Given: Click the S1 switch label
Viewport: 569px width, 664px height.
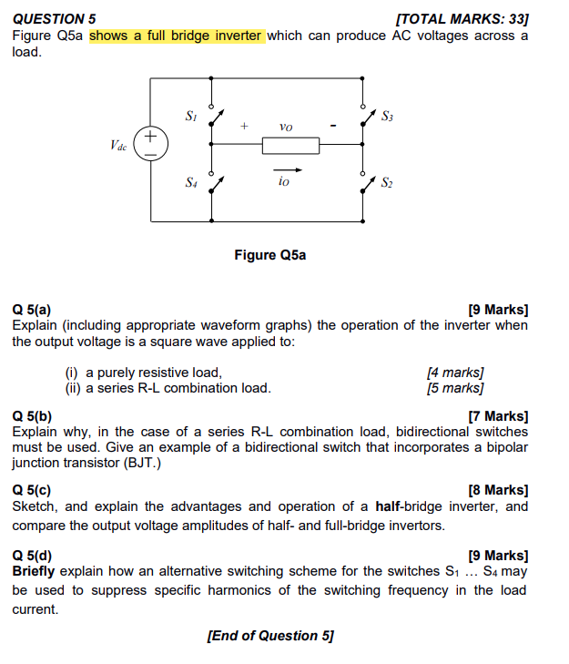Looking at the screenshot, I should click(x=190, y=116).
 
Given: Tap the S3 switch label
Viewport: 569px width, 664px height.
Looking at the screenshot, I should click(x=388, y=116).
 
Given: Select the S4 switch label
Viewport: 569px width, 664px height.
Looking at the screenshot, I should click(x=190, y=182).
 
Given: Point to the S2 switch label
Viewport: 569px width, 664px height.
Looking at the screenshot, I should click(x=388, y=182).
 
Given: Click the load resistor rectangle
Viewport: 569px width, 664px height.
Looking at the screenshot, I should click(x=290, y=145).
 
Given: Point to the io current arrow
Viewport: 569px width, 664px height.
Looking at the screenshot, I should click(x=286, y=169).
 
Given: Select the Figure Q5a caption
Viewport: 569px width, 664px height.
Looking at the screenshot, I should click(x=270, y=255).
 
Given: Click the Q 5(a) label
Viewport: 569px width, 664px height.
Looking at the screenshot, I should click(x=32, y=310).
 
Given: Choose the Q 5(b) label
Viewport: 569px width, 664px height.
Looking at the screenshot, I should click(x=32, y=416).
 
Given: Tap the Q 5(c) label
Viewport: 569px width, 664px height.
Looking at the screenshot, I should click(x=32, y=490).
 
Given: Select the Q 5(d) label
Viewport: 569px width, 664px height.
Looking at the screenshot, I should click(x=32, y=555).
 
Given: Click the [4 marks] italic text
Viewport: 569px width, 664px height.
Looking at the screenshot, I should click(x=455, y=372).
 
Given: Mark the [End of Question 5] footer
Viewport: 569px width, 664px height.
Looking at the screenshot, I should click(x=270, y=636).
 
